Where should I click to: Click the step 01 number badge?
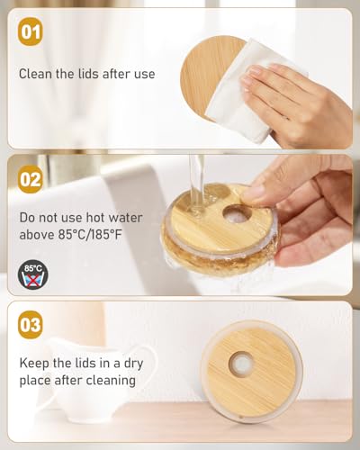31,31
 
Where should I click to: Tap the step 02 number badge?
31,179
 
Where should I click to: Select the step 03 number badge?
31,325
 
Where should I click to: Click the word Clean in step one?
36,74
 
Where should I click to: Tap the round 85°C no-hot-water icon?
32,274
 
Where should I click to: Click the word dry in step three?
133,364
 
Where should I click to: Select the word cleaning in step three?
116,381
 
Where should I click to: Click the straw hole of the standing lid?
241,364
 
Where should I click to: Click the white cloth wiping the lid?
255,90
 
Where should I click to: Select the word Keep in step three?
34,364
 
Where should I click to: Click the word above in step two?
37,234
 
